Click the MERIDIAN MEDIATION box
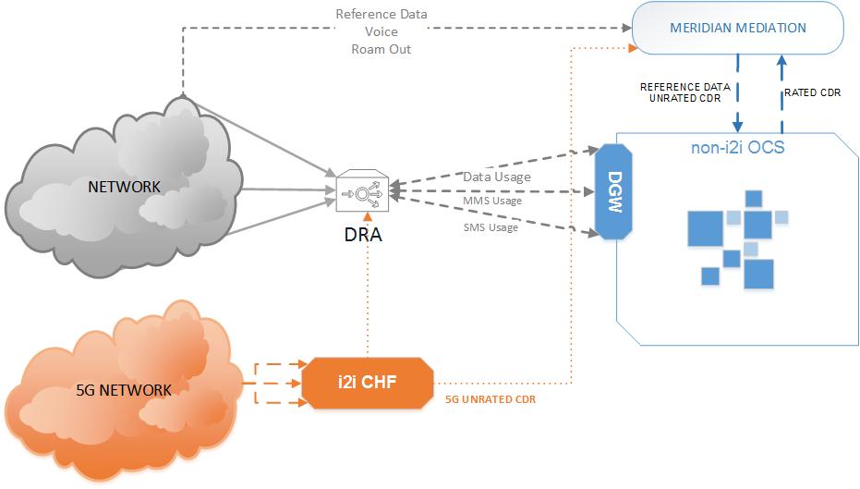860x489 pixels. click(x=737, y=28)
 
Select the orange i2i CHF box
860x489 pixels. click(x=367, y=381)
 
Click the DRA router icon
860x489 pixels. click(x=360, y=192)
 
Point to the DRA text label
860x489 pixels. click(x=360, y=235)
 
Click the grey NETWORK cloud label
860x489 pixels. click(x=124, y=187)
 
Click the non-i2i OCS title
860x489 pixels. click(x=738, y=146)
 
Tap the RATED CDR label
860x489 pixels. click(x=812, y=92)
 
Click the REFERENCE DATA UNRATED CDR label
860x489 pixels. click(x=685, y=92)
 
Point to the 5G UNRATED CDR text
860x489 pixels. click(x=491, y=399)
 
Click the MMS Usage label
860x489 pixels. click(x=492, y=201)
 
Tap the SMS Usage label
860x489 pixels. click(x=491, y=227)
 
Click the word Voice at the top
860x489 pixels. click(x=381, y=31)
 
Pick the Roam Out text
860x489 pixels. click(x=381, y=49)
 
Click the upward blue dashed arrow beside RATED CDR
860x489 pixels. click(x=781, y=92)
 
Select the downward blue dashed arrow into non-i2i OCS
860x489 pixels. click(x=738, y=92)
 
